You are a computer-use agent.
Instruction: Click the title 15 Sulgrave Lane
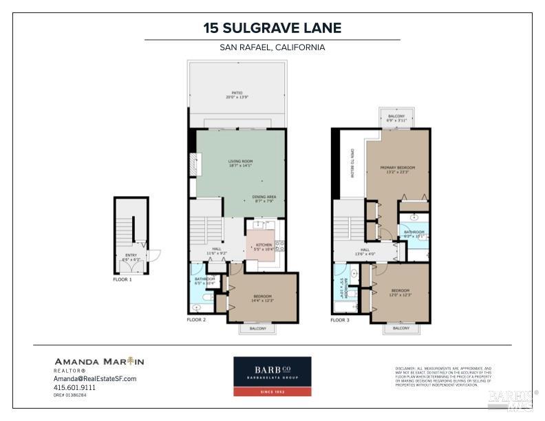point(272,28)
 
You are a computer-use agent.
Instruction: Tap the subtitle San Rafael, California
point(272,47)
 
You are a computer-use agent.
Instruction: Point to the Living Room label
point(240,164)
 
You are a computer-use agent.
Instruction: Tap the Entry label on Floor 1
point(131,257)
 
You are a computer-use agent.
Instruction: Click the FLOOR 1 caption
point(122,280)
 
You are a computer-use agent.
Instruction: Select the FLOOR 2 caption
point(196,320)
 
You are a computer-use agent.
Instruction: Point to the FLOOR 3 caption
point(339,320)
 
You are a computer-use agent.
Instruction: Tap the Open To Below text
point(352,164)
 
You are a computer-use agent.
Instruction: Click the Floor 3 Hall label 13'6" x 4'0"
point(365,252)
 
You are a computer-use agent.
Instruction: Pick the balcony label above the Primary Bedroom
point(396,118)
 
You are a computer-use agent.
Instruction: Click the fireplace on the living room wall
point(193,166)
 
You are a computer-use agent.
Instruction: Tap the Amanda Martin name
point(99,362)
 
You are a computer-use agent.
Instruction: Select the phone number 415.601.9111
point(75,387)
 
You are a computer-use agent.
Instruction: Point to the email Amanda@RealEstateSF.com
point(96,379)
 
